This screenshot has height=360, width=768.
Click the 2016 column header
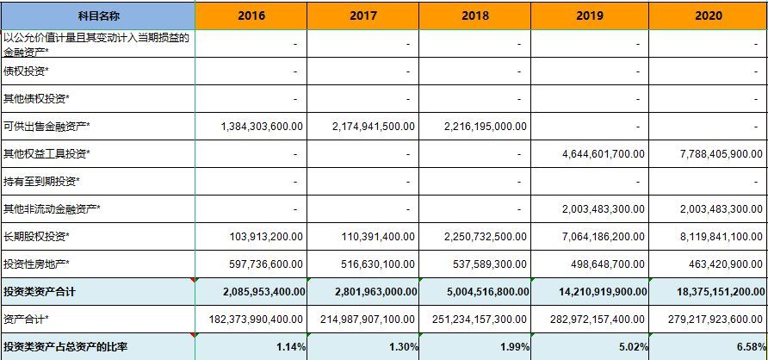coord(251,16)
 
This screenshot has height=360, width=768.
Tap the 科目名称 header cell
coord(96,16)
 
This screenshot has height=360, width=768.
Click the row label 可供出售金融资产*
coord(47,127)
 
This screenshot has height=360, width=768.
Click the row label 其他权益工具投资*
coord(47,154)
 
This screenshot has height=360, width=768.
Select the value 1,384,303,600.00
coord(262,127)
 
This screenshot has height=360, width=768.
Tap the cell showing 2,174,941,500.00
coord(374,127)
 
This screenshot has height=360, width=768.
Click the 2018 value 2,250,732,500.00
coord(486,236)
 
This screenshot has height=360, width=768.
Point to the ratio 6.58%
coord(748,347)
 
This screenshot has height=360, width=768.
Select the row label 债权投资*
coord(26,71)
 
